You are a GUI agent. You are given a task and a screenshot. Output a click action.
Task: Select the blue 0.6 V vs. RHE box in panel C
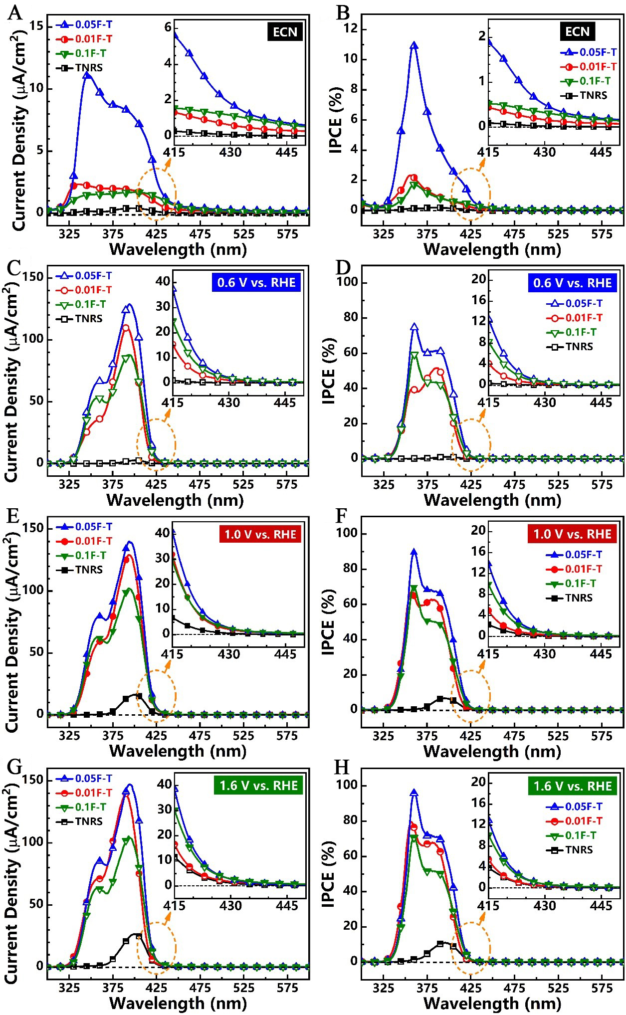256,283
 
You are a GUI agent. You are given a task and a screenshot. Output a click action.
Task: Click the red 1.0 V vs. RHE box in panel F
572,534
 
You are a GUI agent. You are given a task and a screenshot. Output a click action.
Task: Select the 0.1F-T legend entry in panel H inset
579,835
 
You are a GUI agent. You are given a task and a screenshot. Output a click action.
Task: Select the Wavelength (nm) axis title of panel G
178,1003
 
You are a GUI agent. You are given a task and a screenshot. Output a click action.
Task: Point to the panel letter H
341,767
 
